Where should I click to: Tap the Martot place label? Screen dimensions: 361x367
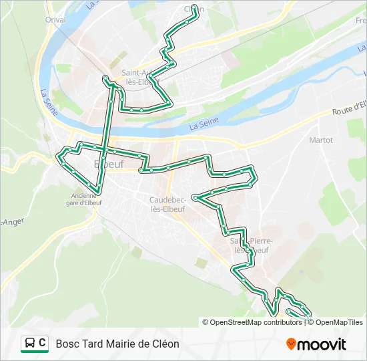321,140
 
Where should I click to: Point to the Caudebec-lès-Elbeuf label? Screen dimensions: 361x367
169,203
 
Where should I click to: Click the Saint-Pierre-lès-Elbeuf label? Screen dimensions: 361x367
249,245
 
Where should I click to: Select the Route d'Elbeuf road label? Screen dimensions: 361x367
350,107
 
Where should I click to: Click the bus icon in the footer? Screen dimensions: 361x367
30,344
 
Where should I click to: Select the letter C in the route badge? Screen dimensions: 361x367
42,344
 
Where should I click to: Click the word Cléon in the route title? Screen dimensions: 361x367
165,344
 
